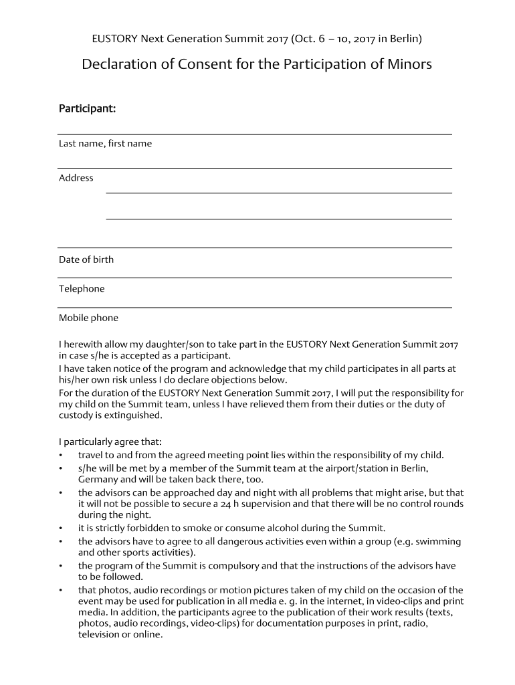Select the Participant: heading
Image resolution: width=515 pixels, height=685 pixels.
click(x=88, y=108)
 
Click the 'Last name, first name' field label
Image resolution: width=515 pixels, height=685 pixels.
click(x=105, y=143)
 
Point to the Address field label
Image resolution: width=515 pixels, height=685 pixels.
click(x=76, y=178)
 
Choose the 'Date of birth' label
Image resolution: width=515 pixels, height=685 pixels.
click(x=86, y=260)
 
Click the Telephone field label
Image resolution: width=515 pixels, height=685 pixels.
click(x=82, y=289)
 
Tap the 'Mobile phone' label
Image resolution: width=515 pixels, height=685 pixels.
click(x=88, y=318)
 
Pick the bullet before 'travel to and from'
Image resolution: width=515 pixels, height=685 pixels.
click(x=61, y=456)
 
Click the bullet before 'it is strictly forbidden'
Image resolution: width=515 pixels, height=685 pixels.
click(x=61, y=528)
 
